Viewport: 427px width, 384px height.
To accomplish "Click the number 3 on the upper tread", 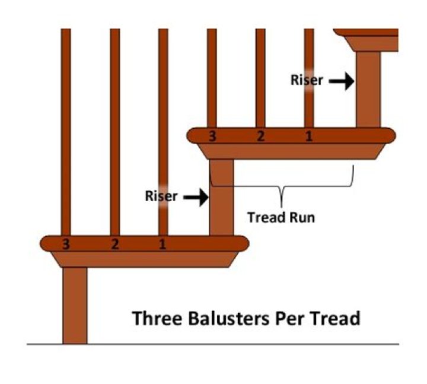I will click(212, 137).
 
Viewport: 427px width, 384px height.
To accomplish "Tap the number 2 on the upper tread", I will click(260, 137).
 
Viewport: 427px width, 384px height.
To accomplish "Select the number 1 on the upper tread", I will click(308, 137).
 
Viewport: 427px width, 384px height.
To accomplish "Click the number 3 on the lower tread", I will click(66, 243).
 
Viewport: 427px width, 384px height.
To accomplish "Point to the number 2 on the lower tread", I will click(114, 243).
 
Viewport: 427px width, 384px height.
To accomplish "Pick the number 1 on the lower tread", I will click(162, 243).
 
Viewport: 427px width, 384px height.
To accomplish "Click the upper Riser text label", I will click(307, 80).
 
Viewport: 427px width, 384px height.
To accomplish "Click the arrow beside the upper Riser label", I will click(342, 81).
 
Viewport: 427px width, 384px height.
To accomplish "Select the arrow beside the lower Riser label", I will click(196, 196).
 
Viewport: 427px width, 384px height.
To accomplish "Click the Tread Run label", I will click(281, 217).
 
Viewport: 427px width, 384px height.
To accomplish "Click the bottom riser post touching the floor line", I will click(75, 305).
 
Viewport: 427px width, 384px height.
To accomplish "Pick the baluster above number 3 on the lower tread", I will click(66, 131).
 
